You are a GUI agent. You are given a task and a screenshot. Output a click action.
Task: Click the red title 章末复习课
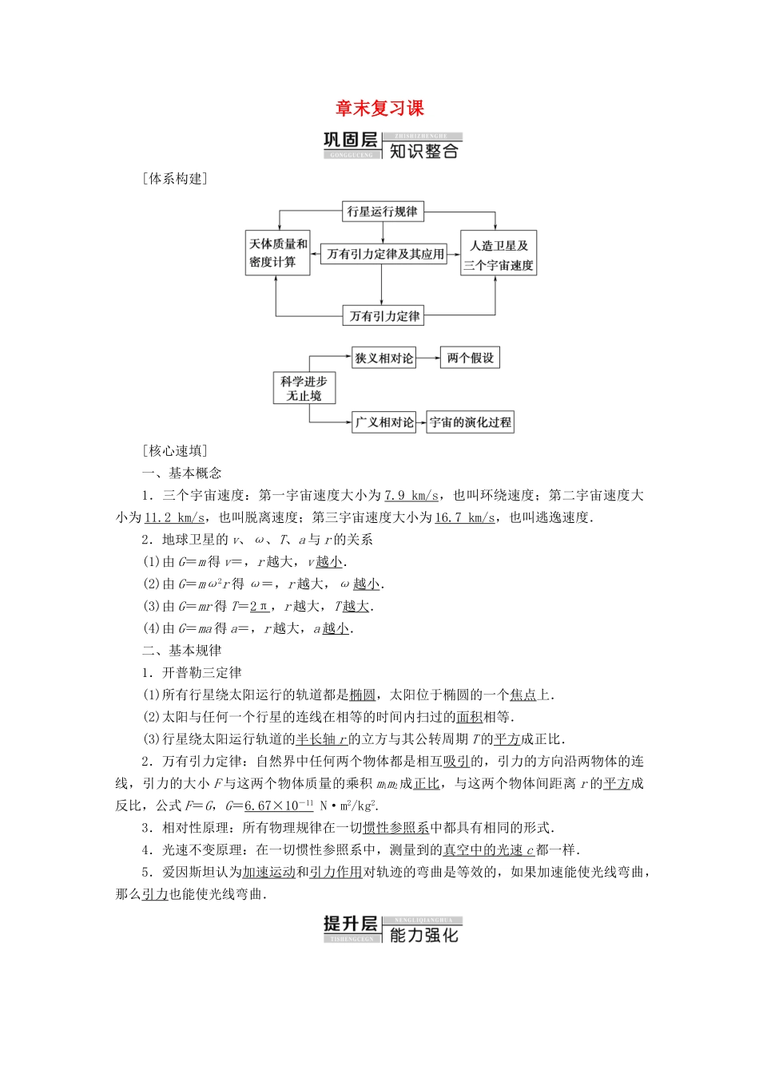tap(379, 109)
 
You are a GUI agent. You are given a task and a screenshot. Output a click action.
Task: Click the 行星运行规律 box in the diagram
tap(382, 212)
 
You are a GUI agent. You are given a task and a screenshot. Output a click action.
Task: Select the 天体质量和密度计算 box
tap(278, 253)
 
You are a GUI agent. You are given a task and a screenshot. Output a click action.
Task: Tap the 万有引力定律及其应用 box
tap(385, 254)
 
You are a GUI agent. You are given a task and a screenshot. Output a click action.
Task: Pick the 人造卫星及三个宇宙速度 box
tap(499, 255)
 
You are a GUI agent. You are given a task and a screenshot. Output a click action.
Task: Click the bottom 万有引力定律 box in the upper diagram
tap(384, 316)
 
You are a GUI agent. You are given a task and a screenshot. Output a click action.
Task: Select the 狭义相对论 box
tap(384, 358)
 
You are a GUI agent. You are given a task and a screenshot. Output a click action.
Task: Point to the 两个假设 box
tap(471, 358)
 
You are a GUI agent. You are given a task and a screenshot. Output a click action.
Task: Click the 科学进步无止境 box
tap(304, 388)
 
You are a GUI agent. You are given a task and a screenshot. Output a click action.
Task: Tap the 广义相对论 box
tap(384, 422)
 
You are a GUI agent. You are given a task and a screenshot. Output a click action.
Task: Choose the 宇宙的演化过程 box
tap(471, 422)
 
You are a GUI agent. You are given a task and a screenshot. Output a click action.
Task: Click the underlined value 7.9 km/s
tap(411, 496)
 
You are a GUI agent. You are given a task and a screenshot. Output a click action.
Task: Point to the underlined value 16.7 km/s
tap(464, 517)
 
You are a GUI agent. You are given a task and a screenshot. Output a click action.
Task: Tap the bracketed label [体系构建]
tap(174, 179)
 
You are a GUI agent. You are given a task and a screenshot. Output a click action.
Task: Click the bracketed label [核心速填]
tap(174, 451)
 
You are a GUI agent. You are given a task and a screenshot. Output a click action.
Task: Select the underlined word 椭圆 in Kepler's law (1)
tap(363, 695)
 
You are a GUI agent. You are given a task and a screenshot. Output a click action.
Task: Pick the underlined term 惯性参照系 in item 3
tap(396, 828)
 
